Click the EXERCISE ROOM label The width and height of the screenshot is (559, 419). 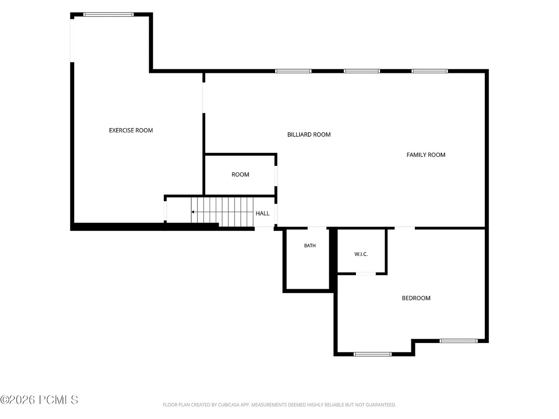131,130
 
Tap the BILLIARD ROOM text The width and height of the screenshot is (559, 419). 309,134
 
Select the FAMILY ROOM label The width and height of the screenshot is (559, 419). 425,155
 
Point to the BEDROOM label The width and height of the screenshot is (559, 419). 416,298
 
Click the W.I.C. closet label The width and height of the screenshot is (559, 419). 361,254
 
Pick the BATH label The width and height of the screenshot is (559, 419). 310,245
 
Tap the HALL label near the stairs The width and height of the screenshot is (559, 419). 262,213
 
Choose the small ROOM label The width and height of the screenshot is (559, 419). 240,175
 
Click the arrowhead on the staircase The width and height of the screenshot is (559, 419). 193,212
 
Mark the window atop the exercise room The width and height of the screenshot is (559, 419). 108,14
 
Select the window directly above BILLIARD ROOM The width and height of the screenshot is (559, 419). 293,71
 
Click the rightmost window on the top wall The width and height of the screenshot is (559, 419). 429,71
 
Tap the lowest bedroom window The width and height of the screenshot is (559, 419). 373,354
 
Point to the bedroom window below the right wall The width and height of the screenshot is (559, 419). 459,340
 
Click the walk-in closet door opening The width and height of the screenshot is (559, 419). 366,274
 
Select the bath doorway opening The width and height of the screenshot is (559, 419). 317,228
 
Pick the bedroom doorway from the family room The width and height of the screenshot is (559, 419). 404,228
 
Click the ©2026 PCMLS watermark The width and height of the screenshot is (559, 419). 39,400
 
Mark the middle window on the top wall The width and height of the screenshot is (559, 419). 361,71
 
